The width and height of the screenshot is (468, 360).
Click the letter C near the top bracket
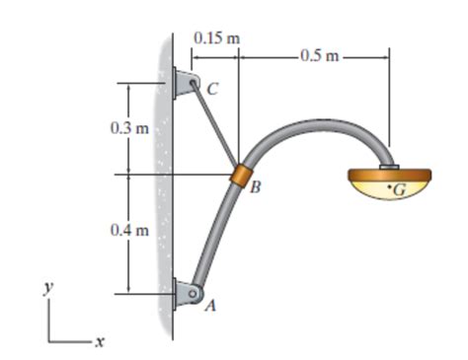coord(212,89)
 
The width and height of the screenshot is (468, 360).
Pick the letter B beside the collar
coord(255,188)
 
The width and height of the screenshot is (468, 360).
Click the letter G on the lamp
coord(399,189)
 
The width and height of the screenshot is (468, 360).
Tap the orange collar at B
coord(238,179)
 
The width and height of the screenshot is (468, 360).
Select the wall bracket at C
coord(183,83)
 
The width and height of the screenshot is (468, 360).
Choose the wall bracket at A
coord(183,293)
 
